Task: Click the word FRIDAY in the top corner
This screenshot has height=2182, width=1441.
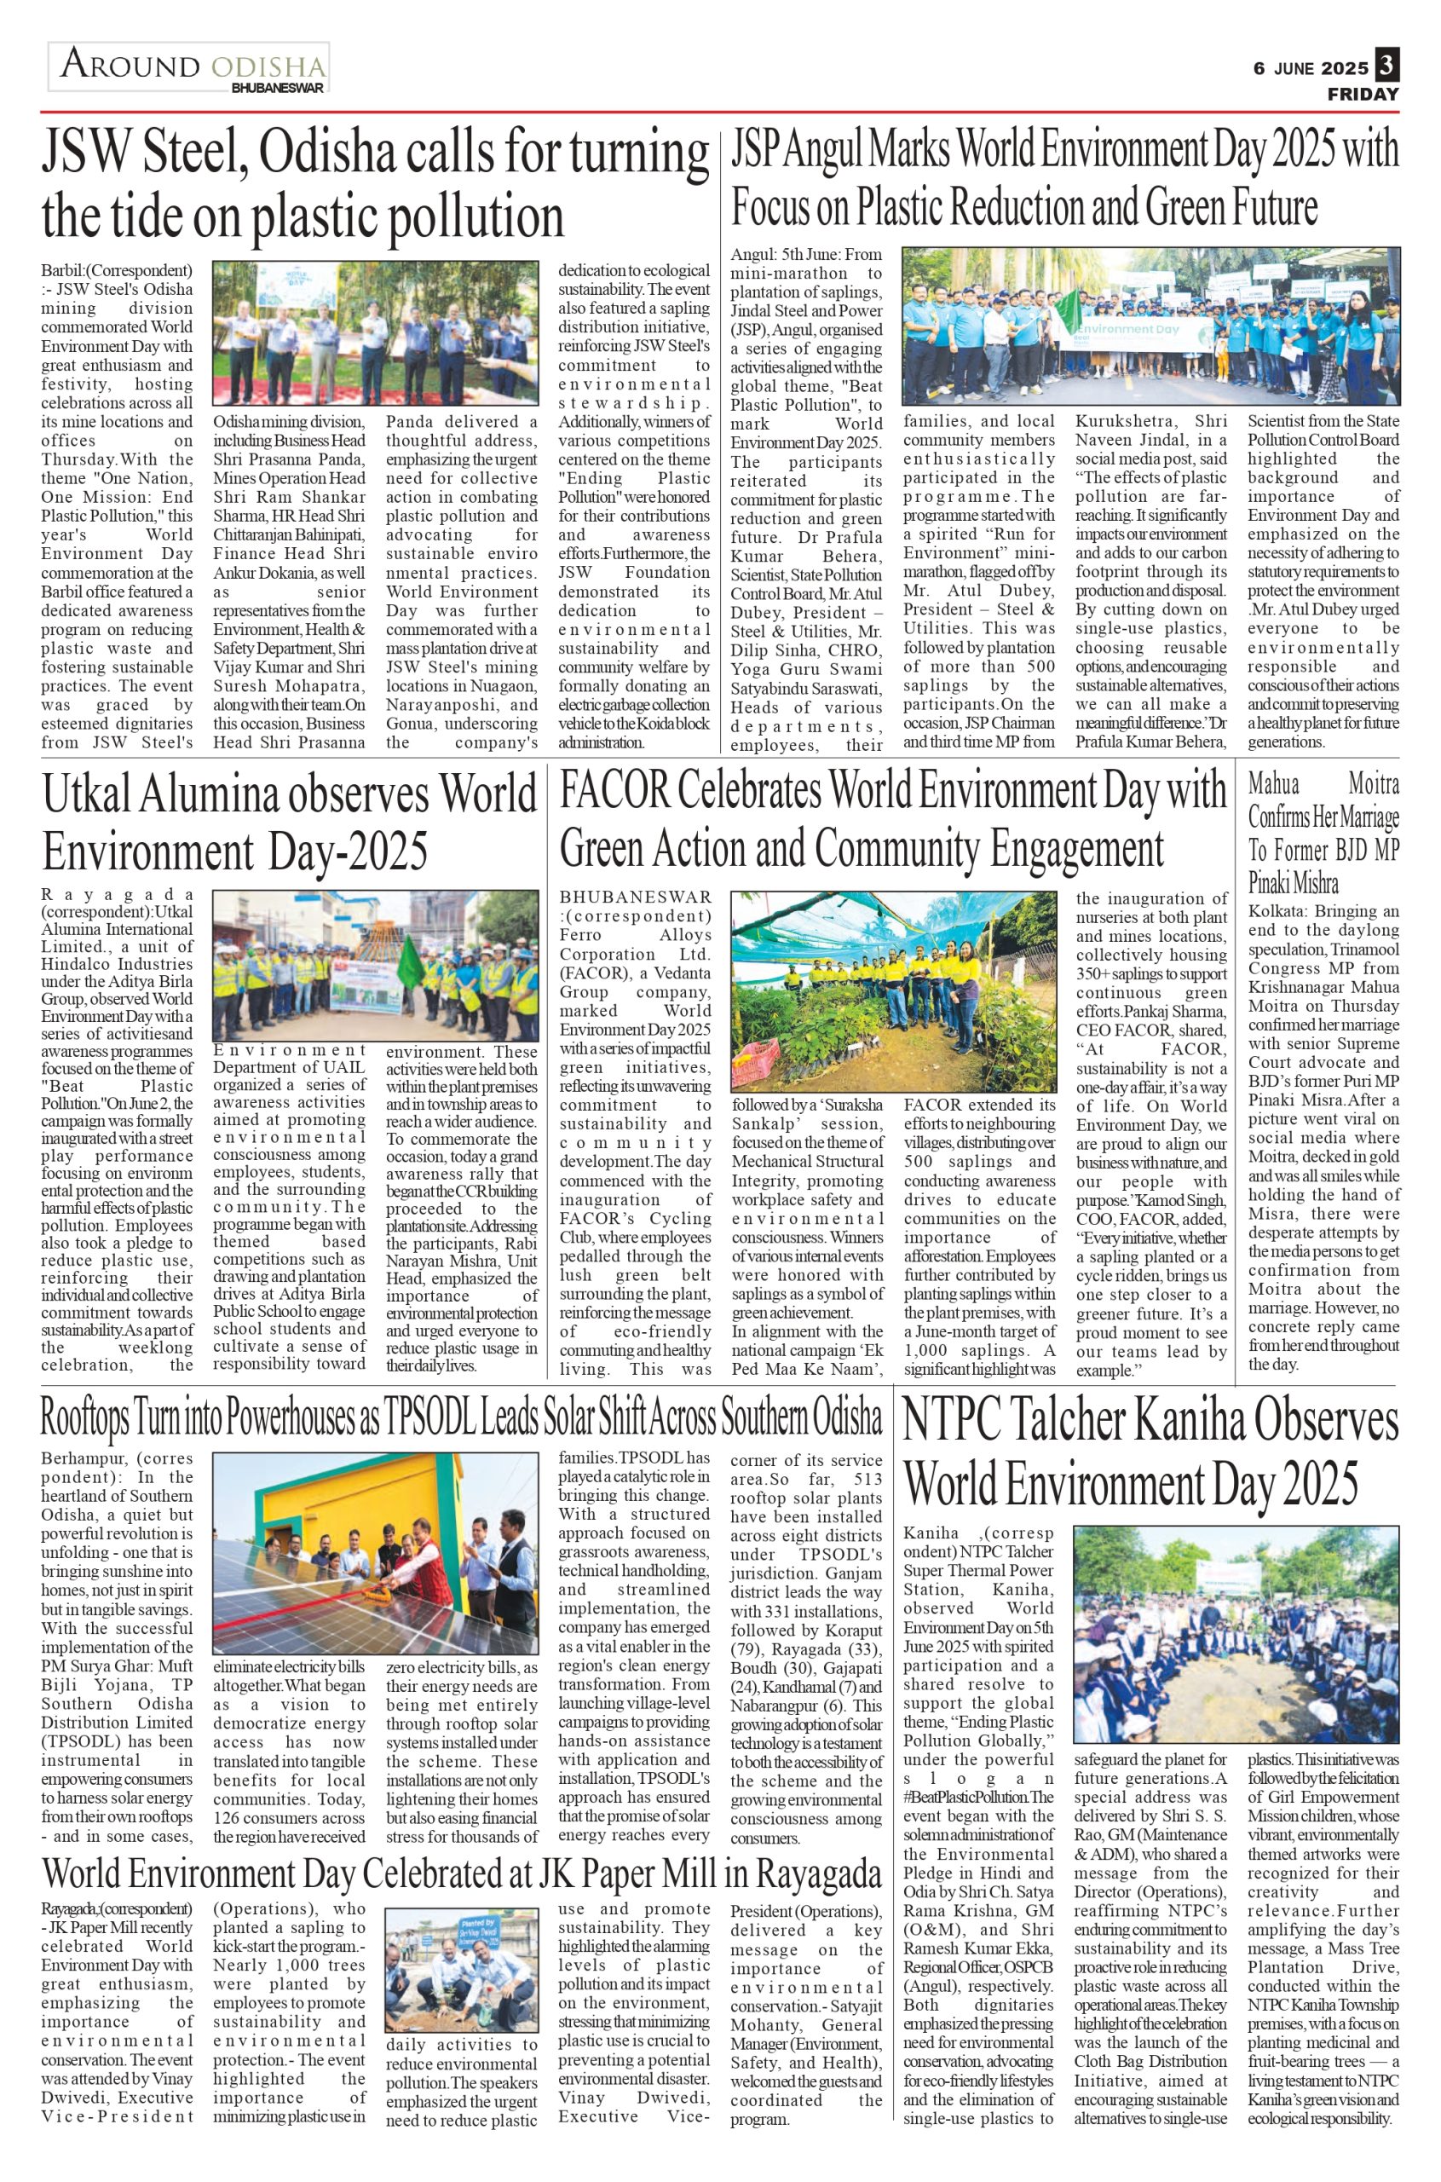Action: pyautogui.click(x=1363, y=94)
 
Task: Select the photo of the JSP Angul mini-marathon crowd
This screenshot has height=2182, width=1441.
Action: pyautogui.click(x=1150, y=326)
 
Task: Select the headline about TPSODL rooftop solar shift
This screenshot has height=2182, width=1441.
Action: pyautogui.click(x=461, y=1419)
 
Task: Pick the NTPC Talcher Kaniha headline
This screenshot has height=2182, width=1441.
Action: pyautogui.click(x=1150, y=1452)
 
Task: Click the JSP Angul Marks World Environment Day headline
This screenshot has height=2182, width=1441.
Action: pyautogui.click(x=1064, y=177)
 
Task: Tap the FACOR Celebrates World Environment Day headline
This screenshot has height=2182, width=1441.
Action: pyautogui.click(x=893, y=820)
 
